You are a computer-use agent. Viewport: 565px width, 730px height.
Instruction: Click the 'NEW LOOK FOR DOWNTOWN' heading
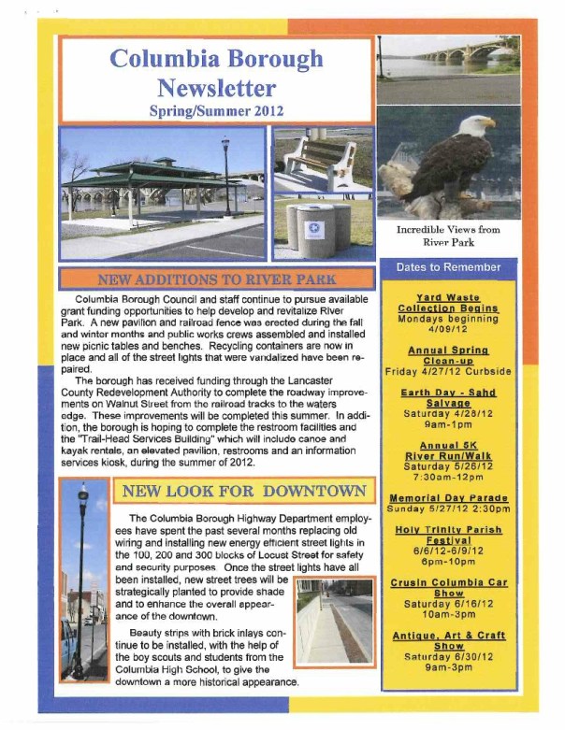[x=241, y=491]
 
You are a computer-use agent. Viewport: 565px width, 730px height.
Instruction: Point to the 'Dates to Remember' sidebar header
[x=448, y=267]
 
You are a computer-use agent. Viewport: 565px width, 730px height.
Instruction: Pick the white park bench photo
[x=320, y=159]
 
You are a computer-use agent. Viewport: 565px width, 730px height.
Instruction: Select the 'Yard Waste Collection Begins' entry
[x=448, y=303]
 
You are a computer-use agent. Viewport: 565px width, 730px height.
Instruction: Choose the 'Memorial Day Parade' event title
[x=448, y=498]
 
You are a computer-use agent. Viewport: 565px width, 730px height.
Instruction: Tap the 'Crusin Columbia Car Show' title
[x=448, y=587]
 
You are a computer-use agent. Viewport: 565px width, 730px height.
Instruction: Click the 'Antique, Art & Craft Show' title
[x=448, y=640]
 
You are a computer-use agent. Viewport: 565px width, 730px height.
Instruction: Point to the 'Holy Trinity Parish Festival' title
[x=448, y=535]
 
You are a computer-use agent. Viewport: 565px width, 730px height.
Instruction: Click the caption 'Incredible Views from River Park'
[x=448, y=235]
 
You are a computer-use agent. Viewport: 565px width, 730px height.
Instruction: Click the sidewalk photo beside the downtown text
[x=334, y=622]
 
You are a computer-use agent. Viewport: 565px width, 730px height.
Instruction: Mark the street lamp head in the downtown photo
[x=83, y=491]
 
